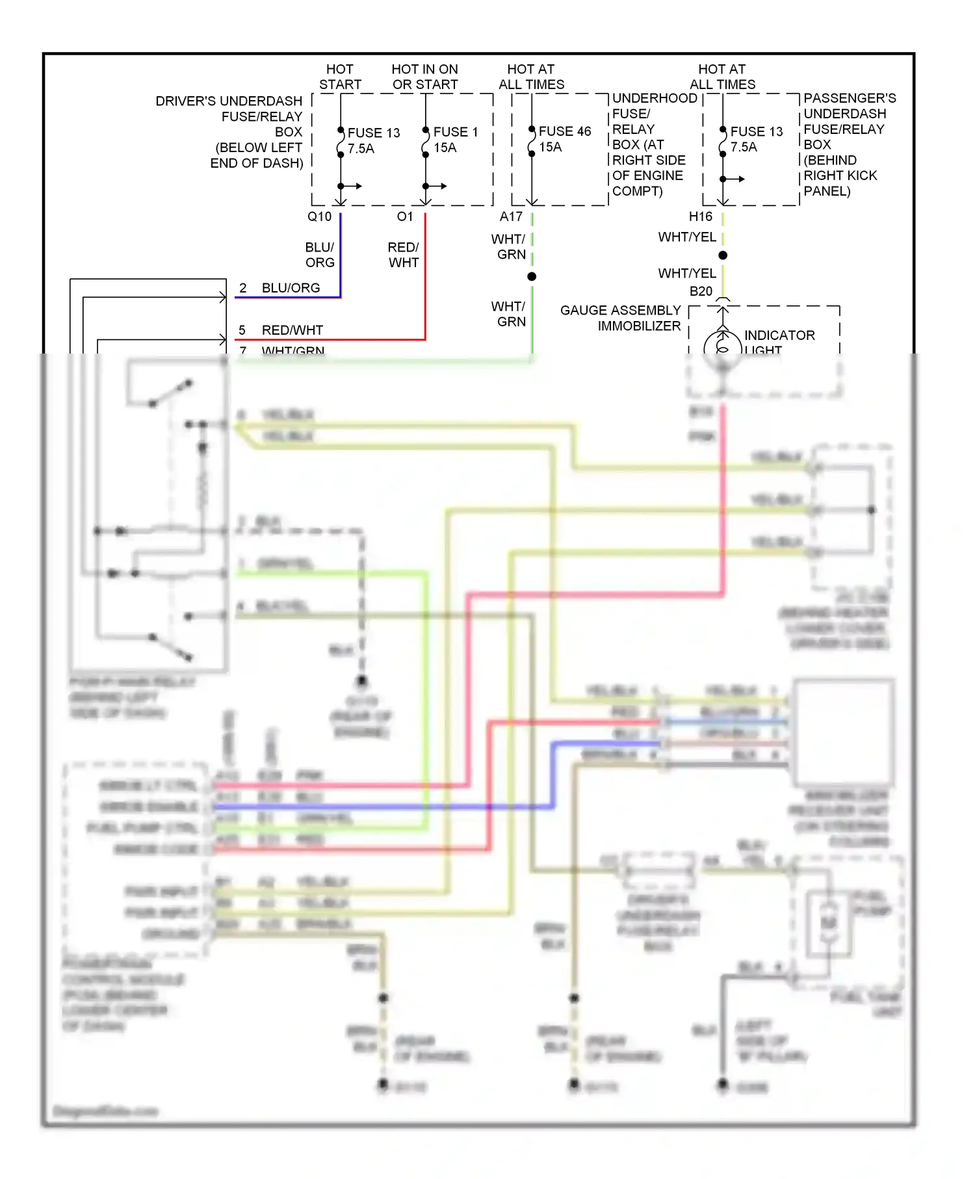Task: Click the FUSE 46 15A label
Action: [564, 139]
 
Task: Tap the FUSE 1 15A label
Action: [455, 140]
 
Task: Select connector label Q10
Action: [319, 216]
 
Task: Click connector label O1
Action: [405, 216]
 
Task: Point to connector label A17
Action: [511, 216]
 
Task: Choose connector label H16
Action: [701, 216]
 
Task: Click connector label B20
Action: [701, 291]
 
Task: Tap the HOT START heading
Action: [340, 77]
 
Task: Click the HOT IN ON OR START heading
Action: [425, 77]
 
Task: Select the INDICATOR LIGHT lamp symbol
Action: [722, 343]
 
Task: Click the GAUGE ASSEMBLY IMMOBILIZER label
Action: [620, 318]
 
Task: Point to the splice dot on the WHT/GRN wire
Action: [532, 277]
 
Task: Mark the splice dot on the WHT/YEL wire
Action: [723, 255]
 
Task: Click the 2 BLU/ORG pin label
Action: [280, 288]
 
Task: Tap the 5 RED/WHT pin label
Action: [281, 330]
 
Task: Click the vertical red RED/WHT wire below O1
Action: [425, 273]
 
